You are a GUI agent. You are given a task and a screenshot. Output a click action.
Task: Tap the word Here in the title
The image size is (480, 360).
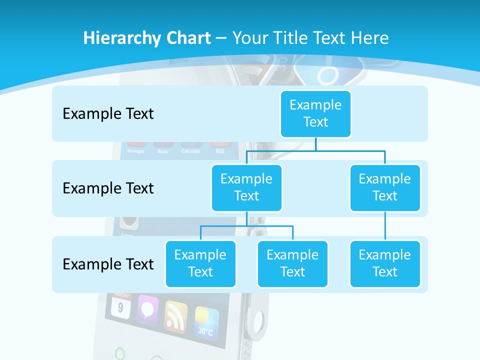coord(370,38)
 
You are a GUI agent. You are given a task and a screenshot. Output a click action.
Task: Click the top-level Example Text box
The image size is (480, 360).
coord(315,113)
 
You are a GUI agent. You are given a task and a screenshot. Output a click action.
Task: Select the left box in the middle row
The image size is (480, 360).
coord(246,187)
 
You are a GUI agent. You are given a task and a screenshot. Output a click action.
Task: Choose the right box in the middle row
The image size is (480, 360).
coord(385,187)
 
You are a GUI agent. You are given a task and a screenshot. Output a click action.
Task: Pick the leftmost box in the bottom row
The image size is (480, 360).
coord(200,263)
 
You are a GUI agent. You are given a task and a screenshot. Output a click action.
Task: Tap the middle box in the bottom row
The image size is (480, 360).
coord(292,263)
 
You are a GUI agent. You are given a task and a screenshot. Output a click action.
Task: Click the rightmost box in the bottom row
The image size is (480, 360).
coord(385,263)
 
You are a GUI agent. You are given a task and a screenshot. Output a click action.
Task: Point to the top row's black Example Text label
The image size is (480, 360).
coord(108,114)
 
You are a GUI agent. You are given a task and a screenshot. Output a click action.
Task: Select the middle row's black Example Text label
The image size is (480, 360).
coord(108,188)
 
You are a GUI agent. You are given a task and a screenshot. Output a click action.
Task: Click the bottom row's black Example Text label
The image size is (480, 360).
coord(108,264)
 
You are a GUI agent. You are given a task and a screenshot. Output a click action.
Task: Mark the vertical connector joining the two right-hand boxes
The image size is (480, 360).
coord(385,226)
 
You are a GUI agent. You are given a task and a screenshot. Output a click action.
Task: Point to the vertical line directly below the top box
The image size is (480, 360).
coord(315,144)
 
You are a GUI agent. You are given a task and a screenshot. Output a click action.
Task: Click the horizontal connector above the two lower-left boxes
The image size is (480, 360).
coord(246,226)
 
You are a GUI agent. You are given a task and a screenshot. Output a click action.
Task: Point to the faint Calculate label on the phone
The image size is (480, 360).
coord(190,151)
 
